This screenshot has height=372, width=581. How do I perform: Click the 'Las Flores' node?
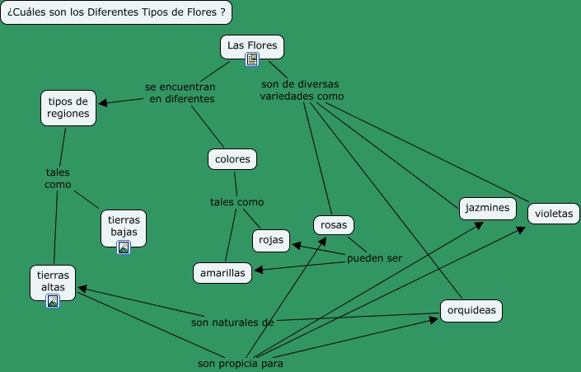point(252,45)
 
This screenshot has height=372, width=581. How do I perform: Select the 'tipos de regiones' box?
point(68,108)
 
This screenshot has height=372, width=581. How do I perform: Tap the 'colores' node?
point(232,158)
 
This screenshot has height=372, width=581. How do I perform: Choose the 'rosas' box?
point(334,224)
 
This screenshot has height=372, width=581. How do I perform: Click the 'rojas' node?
point(271,240)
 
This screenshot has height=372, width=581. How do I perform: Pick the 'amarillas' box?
point(223,273)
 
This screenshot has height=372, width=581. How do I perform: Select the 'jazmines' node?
point(487,208)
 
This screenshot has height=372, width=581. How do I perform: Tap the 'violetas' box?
point(553,213)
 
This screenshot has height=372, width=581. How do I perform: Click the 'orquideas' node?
point(471,310)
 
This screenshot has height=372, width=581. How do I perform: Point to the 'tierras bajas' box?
point(124,225)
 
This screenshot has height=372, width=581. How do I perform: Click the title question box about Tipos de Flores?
point(115,12)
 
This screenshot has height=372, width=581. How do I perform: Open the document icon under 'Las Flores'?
point(252,59)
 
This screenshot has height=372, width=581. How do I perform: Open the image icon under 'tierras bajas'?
point(124,247)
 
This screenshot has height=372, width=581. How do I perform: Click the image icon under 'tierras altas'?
point(53,301)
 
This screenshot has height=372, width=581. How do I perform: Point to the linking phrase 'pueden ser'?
point(374,258)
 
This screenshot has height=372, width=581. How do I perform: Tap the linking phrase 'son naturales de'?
point(232,322)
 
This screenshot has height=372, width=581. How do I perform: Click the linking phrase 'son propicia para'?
point(241,363)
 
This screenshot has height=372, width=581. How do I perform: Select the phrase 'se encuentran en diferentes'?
point(181,92)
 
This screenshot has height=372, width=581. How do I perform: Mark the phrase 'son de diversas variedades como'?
point(302,89)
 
